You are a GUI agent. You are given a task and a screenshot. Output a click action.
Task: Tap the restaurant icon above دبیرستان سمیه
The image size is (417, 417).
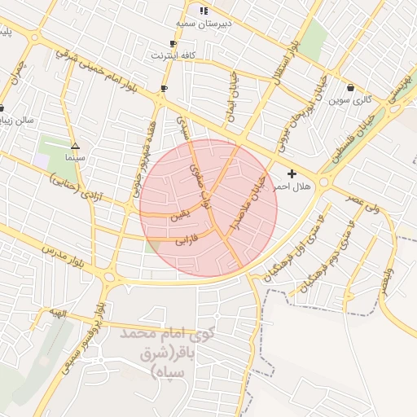(204, 11)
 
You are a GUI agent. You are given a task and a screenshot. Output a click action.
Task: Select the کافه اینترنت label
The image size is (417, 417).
(172, 55)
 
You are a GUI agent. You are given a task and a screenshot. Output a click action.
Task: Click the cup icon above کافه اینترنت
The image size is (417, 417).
(172, 43)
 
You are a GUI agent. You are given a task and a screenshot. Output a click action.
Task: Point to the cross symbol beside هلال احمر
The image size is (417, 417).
(292, 173)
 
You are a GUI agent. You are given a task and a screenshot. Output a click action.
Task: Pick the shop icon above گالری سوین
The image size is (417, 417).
(350, 87)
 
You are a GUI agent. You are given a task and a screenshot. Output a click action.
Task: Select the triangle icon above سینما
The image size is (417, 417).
(75, 143)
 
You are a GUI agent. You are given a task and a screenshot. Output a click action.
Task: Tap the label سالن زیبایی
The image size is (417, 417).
(16, 120)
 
